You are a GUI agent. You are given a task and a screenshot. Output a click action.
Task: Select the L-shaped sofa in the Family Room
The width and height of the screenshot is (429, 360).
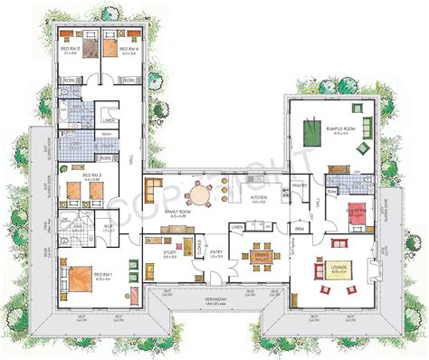(159, 194)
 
